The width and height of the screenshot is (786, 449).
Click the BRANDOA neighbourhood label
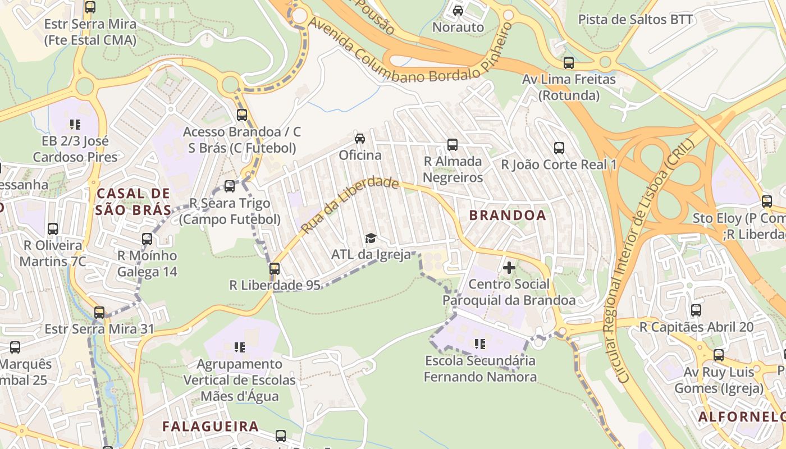pyautogui.click(x=507, y=216)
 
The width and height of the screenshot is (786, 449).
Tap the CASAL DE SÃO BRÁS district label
pyautogui.click(x=134, y=201)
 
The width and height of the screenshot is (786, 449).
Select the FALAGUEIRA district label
pyautogui.click(x=211, y=426)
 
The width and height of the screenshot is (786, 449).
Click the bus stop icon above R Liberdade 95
pyautogui.click(x=275, y=269)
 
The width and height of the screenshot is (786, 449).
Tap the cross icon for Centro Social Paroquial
pyautogui.click(x=509, y=268)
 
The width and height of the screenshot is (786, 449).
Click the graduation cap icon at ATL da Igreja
pyautogui.click(x=371, y=239)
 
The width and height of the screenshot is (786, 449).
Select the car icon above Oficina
pyautogui.click(x=360, y=139)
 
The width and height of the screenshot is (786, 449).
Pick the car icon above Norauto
pyautogui.click(x=458, y=11)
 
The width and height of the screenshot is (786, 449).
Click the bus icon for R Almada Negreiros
pyautogui.click(x=453, y=145)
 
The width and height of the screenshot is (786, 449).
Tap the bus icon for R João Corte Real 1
pyautogui.click(x=559, y=148)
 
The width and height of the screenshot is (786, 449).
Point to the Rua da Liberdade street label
pyautogui.click(x=349, y=205)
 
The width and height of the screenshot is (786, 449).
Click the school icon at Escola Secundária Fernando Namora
pyautogui.click(x=480, y=343)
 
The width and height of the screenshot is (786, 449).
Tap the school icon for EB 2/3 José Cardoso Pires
pyautogui.click(x=75, y=124)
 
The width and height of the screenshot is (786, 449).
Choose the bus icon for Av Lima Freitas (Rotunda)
pyautogui.click(x=569, y=63)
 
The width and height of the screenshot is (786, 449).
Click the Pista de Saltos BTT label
pyautogui.click(x=636, y=20)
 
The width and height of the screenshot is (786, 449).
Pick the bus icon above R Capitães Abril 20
pyautogui.click(x=696, y=310)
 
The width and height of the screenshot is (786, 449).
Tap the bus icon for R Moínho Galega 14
pyautogui.click(x=147, y=239)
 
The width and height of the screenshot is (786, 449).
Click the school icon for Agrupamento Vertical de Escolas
pyautogui.click(x=240, y=347)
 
